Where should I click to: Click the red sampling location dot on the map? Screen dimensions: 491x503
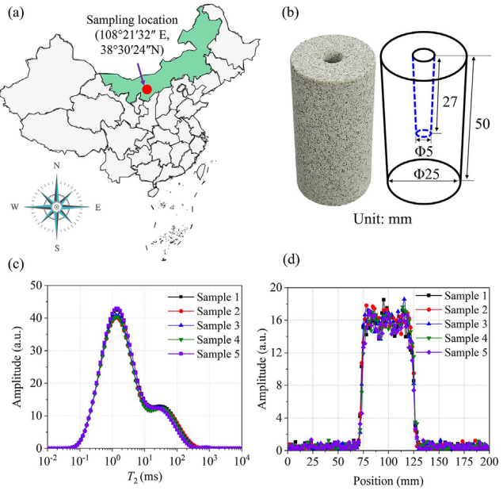147,90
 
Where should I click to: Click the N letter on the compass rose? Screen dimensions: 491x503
56,167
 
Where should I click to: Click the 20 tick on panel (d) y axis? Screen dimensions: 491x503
275,286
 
